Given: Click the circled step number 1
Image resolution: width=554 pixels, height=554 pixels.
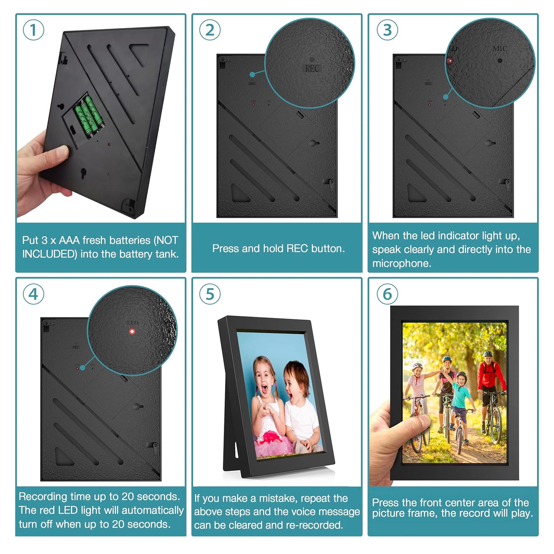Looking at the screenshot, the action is coord(33,30).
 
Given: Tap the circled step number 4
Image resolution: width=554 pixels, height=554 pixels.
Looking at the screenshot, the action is coord(33,294).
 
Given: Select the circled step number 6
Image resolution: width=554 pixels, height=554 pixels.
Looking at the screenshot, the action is coord(387,294).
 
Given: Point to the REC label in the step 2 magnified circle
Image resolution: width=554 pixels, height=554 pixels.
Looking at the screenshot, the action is coord(312,68).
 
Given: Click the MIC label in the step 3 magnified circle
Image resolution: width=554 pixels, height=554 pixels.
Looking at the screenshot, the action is coord(499,48).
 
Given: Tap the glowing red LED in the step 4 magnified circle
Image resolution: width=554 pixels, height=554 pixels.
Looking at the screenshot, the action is coord(132,331).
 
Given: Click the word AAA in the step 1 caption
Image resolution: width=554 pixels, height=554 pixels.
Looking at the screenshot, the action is coord(69,240).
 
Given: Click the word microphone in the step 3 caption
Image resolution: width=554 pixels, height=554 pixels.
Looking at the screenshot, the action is coord(401,263).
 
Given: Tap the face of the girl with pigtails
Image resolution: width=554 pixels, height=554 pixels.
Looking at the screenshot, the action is coord(264,380).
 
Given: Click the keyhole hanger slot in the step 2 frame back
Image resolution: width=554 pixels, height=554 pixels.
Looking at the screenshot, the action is coord(314,143).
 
